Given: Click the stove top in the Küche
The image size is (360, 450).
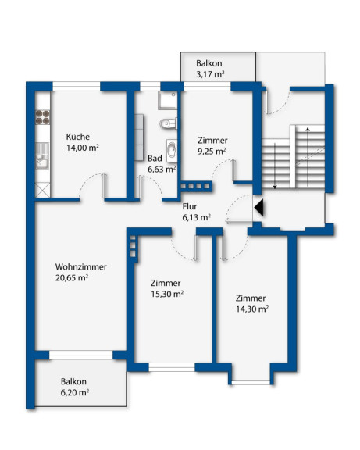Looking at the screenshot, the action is pyautogui.click(x=42, y=117).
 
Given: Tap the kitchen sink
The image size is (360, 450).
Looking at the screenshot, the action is pyautogui.click(x=42, y=157).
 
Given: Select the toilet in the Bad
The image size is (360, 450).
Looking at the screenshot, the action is pyautogui.click(x=168, y=123).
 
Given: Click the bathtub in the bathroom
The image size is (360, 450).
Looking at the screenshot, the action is pyautogui.click(x=172, y=151).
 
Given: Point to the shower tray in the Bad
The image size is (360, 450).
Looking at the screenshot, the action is pyautogui.click(x=168, y=101).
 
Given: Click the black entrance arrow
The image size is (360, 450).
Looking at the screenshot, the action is pyautogui.click(x=258, y=208).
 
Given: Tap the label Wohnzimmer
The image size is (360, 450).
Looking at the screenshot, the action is pyautogui.click(x=81, y=267).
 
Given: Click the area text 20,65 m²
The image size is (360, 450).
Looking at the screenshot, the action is pyautogui.click(x=72, y=278).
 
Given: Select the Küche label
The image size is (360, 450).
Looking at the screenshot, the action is pyautogui.click(x=78, y=137).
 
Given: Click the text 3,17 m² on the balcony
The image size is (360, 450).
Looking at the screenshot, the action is pyautogui.click(x=210, y=74).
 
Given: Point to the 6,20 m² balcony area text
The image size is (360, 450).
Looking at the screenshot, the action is pyautogui.click(x=75, y=392).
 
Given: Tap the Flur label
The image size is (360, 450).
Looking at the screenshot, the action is pyautogui.click(x=190, y=206).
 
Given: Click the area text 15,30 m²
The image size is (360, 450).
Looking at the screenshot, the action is pyautogui.click(x=167, y=295).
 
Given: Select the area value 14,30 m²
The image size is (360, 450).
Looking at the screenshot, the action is pyautogui.click(x=252, y=309).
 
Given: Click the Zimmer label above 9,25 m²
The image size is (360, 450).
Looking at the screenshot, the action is pyautogui.click(x=212, y=141).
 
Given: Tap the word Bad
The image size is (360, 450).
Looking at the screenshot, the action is pyautogui.click(x=155, y=159).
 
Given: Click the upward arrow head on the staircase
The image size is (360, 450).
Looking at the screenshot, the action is pyautogui.click(x=308, y=129).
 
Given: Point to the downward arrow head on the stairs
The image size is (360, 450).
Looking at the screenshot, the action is pyautogui.click(x=275, y=187).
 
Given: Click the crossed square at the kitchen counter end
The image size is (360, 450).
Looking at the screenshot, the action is pyautogui.click(x=42, y=190).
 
